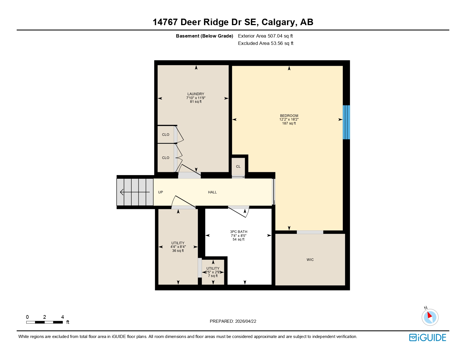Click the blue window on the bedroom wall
tap(346, 122)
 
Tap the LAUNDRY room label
tap(196, 94)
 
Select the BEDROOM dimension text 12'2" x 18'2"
tap(289, 119)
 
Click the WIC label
tap(310, 260)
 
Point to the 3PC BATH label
tap(239, 232)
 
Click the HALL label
tap(212, 192)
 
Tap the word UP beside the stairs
tap(160, 192)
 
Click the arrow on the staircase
tap(135, 192)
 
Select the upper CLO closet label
tap(166, 135)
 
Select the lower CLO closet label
tap(166, 158)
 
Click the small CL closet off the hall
tap(238, 167)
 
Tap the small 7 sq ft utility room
tap(213, 272)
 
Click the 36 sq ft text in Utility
tap(178, 251)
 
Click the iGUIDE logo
tap(428, 338)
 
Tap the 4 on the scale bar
tap(62, 317)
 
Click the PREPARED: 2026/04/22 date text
tap(233, 321)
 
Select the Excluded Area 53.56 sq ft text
tap(265, 43)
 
